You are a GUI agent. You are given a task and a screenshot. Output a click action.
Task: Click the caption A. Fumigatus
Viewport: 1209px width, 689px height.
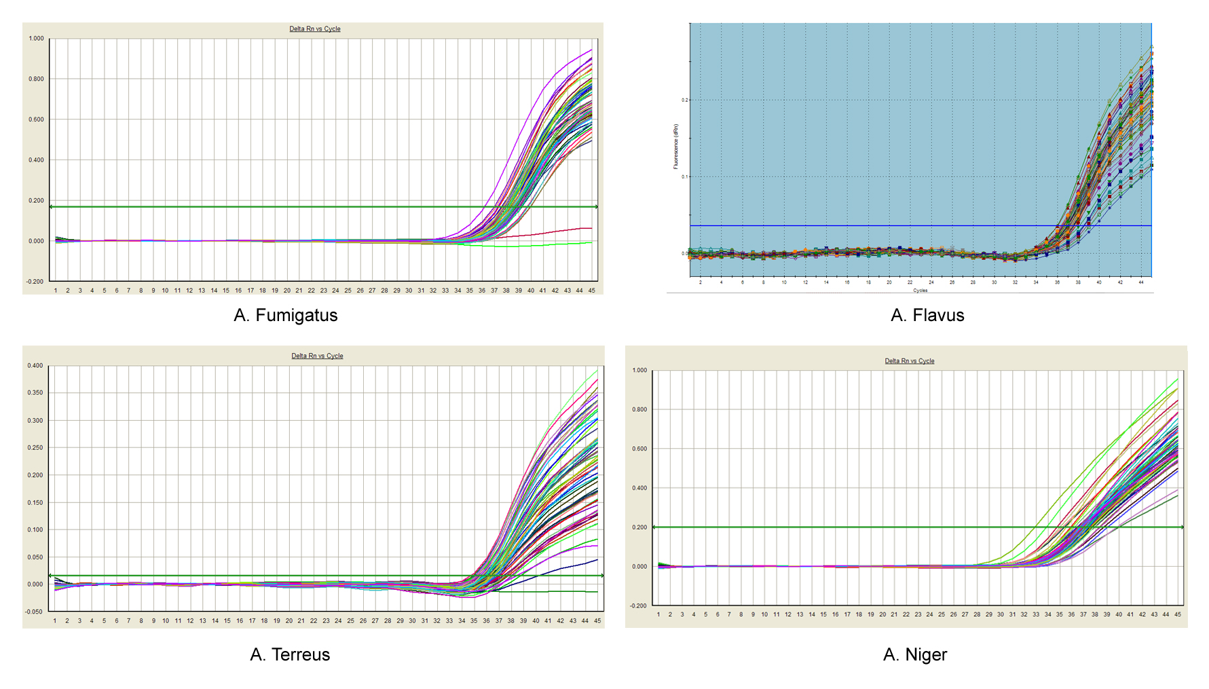tap(285, 315)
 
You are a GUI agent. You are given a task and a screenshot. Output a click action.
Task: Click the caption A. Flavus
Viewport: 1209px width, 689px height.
tap(927, 315)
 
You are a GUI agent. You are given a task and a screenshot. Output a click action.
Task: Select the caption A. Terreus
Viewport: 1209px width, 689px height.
tap(290, 654)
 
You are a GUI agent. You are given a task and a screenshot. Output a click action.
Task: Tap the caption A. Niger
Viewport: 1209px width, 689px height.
tap(914, 654)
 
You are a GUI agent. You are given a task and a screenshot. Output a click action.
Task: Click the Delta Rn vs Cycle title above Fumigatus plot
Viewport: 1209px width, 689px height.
tap(315, 29)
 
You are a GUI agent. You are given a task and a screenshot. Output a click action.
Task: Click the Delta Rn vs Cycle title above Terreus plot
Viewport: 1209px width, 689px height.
tap(317, 356)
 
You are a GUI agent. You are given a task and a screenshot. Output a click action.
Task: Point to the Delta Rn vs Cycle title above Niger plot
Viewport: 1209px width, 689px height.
tap(909, 361)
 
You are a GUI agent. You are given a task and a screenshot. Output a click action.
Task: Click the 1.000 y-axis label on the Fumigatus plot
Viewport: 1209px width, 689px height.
tap(36, 39)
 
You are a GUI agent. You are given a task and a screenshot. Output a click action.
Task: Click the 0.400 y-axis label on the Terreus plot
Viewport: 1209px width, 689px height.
tap(35, 366)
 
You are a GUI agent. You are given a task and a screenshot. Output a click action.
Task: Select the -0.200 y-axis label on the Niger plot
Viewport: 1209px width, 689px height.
tap(639, 606)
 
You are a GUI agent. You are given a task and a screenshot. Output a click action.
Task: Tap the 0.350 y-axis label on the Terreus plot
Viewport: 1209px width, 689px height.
tap(35, 393)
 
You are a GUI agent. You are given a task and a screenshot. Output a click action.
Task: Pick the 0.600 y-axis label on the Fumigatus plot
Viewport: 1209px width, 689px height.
tap(36, 119)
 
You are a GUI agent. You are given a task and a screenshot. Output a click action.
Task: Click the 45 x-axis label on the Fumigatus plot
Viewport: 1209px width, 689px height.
tap(592, 291)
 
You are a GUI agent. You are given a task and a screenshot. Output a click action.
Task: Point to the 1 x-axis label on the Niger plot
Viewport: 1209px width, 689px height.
tap(658, 614)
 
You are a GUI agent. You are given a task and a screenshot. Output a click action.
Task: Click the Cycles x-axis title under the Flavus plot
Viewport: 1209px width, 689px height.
tap(920, 291)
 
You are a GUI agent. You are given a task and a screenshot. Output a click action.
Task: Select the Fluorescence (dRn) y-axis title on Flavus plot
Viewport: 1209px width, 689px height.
tap(676, 147)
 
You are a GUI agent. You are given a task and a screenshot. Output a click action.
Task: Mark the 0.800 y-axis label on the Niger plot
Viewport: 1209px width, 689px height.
tap(639, 409)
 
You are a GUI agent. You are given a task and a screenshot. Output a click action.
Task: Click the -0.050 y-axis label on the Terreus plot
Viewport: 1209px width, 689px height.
tap(34, 612)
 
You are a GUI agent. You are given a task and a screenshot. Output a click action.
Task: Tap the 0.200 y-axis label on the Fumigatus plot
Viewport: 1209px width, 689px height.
tap(36, 201)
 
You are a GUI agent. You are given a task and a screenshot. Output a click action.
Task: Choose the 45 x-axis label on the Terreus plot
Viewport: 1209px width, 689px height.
tap(597, 620)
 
